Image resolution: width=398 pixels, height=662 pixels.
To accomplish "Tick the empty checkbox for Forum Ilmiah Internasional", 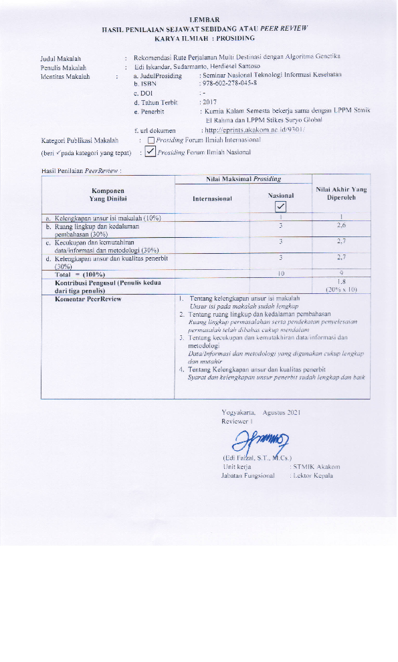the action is [151, 140].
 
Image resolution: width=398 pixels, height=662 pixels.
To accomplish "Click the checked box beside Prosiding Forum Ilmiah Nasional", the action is [151, 152].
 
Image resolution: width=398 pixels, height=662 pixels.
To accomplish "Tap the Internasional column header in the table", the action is [212, 199].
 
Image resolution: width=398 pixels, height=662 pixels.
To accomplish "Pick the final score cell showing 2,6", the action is [340, 228].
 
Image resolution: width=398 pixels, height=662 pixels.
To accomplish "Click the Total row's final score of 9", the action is [340, 273].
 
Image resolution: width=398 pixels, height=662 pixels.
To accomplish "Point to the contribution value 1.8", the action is [340, 282].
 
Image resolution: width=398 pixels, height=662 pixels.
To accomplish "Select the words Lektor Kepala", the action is [312, 476].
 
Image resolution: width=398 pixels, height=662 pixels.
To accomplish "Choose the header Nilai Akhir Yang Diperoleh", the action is [340, 194].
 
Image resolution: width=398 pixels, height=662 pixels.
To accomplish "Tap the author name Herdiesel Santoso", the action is [221, 67].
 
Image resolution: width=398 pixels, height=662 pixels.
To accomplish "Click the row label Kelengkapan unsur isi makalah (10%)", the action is [107, 218].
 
